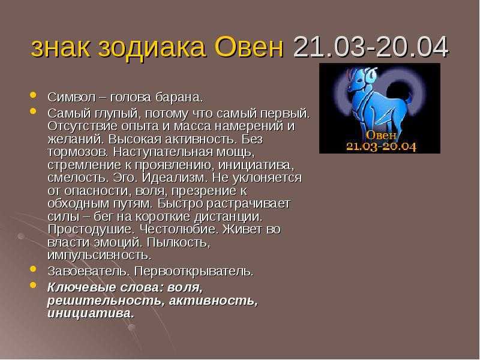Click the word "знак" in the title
click(61, 49)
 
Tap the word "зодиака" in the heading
click(152, 48)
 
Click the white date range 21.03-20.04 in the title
click(371, 47)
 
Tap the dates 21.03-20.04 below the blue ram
click(381, 146)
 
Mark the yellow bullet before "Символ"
click(34, 95)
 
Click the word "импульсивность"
click(100, 256)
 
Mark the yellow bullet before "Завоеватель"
click(34, 269)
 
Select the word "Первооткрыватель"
click(194, 272)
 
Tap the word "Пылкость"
click(179, 242)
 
